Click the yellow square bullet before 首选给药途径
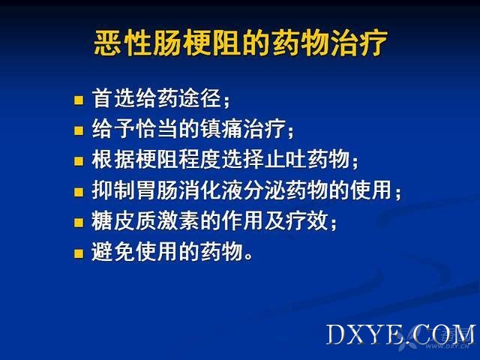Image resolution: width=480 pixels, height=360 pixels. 79,100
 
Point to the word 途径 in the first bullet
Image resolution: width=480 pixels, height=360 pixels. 199,98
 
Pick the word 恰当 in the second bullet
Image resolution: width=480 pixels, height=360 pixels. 157,129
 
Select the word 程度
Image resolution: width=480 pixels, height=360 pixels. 200,159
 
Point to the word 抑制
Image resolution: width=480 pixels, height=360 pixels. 114,190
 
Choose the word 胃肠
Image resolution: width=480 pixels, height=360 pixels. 157,190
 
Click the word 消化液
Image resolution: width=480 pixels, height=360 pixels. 211,190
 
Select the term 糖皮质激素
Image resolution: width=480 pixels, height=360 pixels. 145,220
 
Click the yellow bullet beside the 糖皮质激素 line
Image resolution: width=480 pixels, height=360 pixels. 79,223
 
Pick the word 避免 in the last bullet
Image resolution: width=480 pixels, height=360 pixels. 114,251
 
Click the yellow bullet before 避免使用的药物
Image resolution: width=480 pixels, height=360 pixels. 79,253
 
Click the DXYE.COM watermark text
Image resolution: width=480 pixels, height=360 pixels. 400,335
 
